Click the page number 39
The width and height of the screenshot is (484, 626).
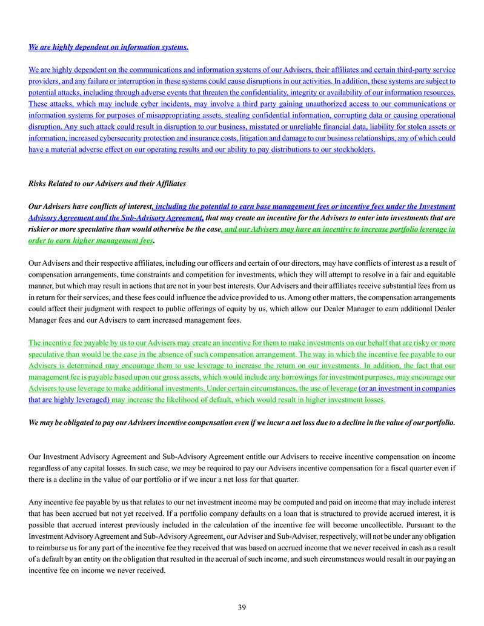(x=242, y=607)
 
